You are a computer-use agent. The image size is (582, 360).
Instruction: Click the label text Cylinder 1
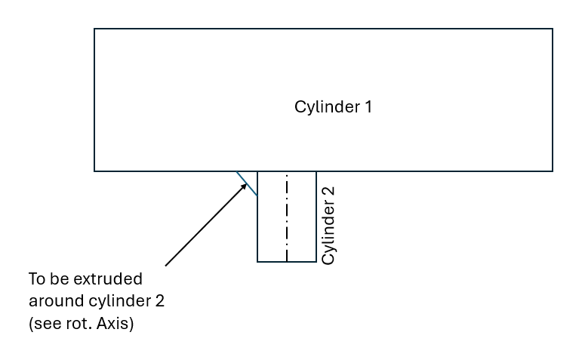coord(333,106)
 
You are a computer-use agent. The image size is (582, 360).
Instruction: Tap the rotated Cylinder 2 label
coord(328,225)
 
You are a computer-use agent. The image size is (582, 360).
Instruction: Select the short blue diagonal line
coord(247,183)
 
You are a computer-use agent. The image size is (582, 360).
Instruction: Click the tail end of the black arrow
coord(165,266)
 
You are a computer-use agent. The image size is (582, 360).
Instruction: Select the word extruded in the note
coord(109,279)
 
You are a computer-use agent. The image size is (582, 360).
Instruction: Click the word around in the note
coord(54,301)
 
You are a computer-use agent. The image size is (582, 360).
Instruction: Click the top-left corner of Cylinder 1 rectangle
coord(94,29)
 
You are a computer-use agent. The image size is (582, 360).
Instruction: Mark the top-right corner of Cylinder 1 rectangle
coord(553,29)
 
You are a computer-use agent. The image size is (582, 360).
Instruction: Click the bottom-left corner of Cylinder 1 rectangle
coord(94,171)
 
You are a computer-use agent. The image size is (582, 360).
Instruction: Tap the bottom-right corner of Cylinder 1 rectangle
coord(553,171)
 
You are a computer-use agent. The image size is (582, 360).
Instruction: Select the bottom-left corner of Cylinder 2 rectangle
coord(257,262)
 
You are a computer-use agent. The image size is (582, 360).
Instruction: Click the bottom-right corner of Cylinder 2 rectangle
coord(316,262)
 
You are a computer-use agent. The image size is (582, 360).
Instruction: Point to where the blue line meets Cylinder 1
coord(237,172)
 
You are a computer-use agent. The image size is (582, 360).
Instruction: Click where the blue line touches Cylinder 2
coord(257,195)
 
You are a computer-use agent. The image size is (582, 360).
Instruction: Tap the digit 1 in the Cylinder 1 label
coord(368,106)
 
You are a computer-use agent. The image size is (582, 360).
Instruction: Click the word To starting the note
coord(37,279)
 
